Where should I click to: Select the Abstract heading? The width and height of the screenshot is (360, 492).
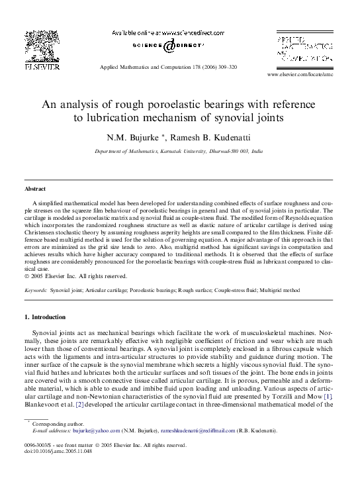[x=36, y=189]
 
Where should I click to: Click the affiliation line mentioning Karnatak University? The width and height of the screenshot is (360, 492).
[x=179, y=152]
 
